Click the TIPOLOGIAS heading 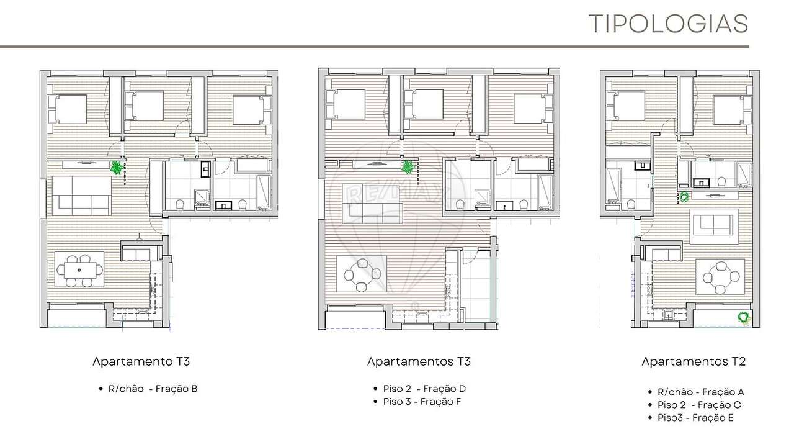[x=667, y=24]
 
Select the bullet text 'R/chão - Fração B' [x=153, y=389]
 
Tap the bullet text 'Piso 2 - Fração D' [x=424, y=389]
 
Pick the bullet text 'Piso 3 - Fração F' [x=422, y=401]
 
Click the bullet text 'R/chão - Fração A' [x=700, y=392]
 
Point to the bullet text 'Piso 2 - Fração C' [x=699, y=405]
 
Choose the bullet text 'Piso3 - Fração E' [x=695, y=418]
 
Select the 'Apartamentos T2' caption [x=693, y=361]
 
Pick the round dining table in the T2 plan [x=720, y=276]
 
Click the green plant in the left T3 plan [x=116, y=166]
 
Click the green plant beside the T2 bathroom [x=683, y=197]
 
